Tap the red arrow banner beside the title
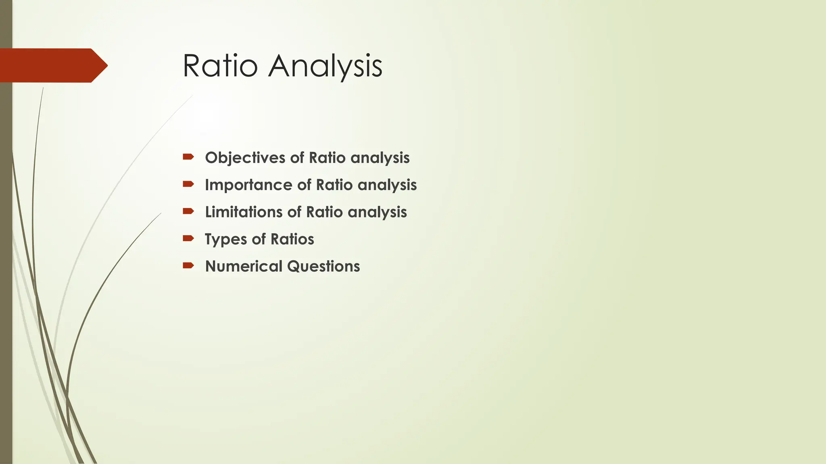tap(52, 65)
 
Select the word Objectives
tap(245, 158)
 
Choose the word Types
tap(225, 239)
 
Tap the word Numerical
tap(244, 266)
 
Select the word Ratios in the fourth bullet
tap(292, 239)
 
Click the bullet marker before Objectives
tap(188, 157)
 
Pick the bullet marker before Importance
tap(188, 184)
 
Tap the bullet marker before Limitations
tap(188, 211)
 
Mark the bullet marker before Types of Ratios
tap(188, 238)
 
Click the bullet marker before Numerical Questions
tap(188, 265)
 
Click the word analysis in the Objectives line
tap(380, 158)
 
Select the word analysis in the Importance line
tap(387, 185)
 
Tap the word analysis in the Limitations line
tap(377, 212)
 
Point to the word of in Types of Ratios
tap(259, 239)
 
